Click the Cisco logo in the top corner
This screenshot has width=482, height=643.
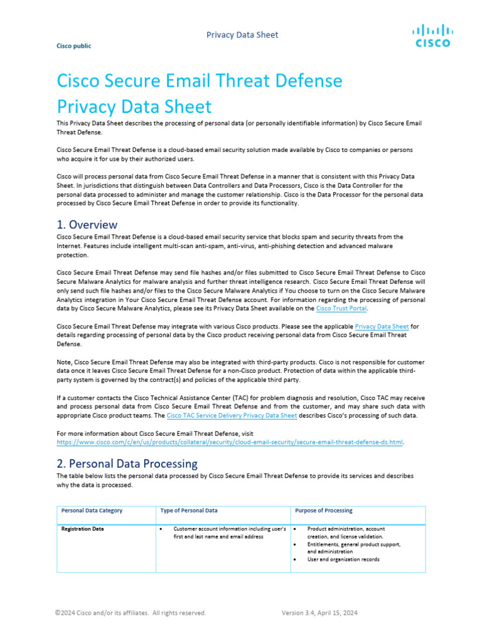pyautogui.click(x=432, y=36)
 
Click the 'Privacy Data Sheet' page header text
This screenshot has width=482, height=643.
pyautogui.click(x=242, y=35)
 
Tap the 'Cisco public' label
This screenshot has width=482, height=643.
pyautogui.click(x=73, y=46)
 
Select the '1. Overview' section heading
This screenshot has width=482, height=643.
pyautogui.click(x=87, y=224)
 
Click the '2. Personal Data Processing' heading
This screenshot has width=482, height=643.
pyautogui.click(x=127, y=463)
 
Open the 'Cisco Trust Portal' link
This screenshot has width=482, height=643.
pyautogui.click(x=341, y=308)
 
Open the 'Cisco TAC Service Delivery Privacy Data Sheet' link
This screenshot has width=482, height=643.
pyautogui.click(x=232, y=416)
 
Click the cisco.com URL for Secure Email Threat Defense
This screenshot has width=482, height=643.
pyautogui.click(x=230, y=442)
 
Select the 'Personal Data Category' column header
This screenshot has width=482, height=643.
pyautogui.click(x=92, y=511)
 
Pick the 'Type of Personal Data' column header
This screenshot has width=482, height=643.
pyautogui.click(x=190, y=511)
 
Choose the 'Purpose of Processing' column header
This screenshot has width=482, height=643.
pyautogui.click(x=325, y=511)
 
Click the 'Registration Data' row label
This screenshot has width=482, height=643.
pyautogui.click(x=82, y=529)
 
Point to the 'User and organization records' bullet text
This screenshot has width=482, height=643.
pyautogui.click(x=343, y=559)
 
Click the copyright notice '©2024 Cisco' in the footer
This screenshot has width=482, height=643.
pyautogui.click(x=130, y=613)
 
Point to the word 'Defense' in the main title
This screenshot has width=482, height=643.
pyautogui.click(x=307, y=81)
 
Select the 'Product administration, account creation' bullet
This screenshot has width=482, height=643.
pyautogui.click(x=346, y=533)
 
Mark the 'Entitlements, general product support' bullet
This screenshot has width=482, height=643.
pyautogui.click(x=353, y=548)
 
